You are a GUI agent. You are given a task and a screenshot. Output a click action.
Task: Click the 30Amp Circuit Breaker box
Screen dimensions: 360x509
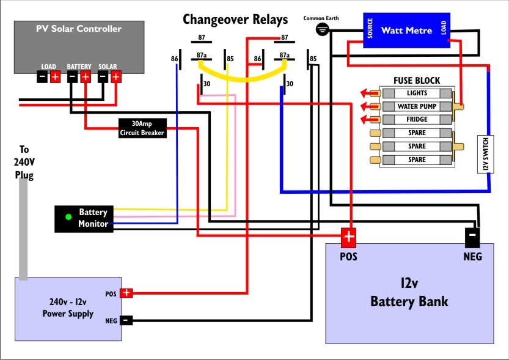[x=142, y=128]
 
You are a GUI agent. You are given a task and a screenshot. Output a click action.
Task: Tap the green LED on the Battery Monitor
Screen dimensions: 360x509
[x=68, y=216]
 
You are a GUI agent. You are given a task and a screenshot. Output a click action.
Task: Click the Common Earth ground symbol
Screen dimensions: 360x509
[x=321, y=29]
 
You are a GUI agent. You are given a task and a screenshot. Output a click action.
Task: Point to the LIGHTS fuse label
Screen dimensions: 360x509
[x=417, y=93]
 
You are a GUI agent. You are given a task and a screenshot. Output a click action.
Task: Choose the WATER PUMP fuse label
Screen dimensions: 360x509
[x=417, y=106]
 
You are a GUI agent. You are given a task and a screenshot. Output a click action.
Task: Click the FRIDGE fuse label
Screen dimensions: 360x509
[x=417, y=119]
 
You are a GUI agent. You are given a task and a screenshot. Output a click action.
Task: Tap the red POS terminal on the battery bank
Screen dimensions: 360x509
[x=348, y=237]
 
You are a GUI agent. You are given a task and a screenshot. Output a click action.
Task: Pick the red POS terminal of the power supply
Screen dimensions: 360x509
[x=126, y=293]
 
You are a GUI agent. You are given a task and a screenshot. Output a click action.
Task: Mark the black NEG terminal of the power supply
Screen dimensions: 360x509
[x=126, y=320]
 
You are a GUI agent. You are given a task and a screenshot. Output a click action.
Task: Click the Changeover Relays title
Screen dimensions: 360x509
[x=235, y=20]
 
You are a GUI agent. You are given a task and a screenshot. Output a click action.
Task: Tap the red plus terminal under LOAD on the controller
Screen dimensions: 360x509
[x=55, y=77]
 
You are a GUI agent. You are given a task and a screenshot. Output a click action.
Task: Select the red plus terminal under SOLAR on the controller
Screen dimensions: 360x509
[x=115, y=77]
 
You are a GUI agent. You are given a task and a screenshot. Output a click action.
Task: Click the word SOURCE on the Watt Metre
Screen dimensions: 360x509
[x=370, y=30]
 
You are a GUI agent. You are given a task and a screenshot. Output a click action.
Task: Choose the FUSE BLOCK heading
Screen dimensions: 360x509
[x=417, y=81]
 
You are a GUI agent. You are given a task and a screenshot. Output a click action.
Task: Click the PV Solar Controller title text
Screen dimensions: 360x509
[x=79, y=29]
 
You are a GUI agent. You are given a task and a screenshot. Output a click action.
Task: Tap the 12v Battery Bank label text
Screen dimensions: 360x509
[x=409, y=293]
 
